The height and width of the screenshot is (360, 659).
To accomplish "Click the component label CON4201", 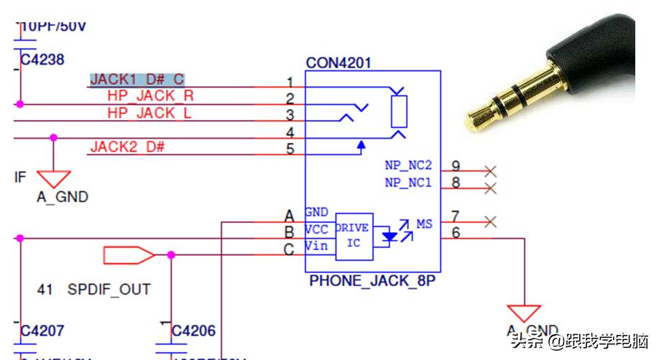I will click(x=338, y=63).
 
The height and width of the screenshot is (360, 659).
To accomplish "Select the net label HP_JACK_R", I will click(x=150, y=96).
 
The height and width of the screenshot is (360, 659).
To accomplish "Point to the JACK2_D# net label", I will click(x=127, y=147).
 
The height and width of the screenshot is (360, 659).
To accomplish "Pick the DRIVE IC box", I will click(x=354, y=236).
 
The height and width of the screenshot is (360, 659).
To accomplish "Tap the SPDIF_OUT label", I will click(x=109, y=290).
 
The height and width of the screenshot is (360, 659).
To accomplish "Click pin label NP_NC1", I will click(x=407, y=183).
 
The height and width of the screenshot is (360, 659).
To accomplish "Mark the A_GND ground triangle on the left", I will click(x=53, y=178).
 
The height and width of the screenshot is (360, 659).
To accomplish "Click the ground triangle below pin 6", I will click(x=524, y=313).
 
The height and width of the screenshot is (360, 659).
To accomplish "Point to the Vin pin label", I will click(x=316, y=246).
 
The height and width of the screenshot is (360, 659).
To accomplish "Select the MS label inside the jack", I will click(x=424, y=224).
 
